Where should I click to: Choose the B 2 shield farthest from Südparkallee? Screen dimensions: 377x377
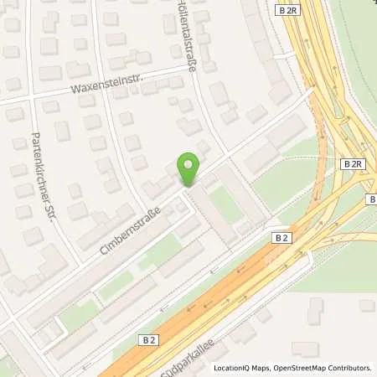281,238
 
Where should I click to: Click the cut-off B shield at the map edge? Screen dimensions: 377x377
372,199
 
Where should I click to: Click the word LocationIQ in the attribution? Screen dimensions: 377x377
231,368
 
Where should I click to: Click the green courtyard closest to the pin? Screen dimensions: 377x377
225,204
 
